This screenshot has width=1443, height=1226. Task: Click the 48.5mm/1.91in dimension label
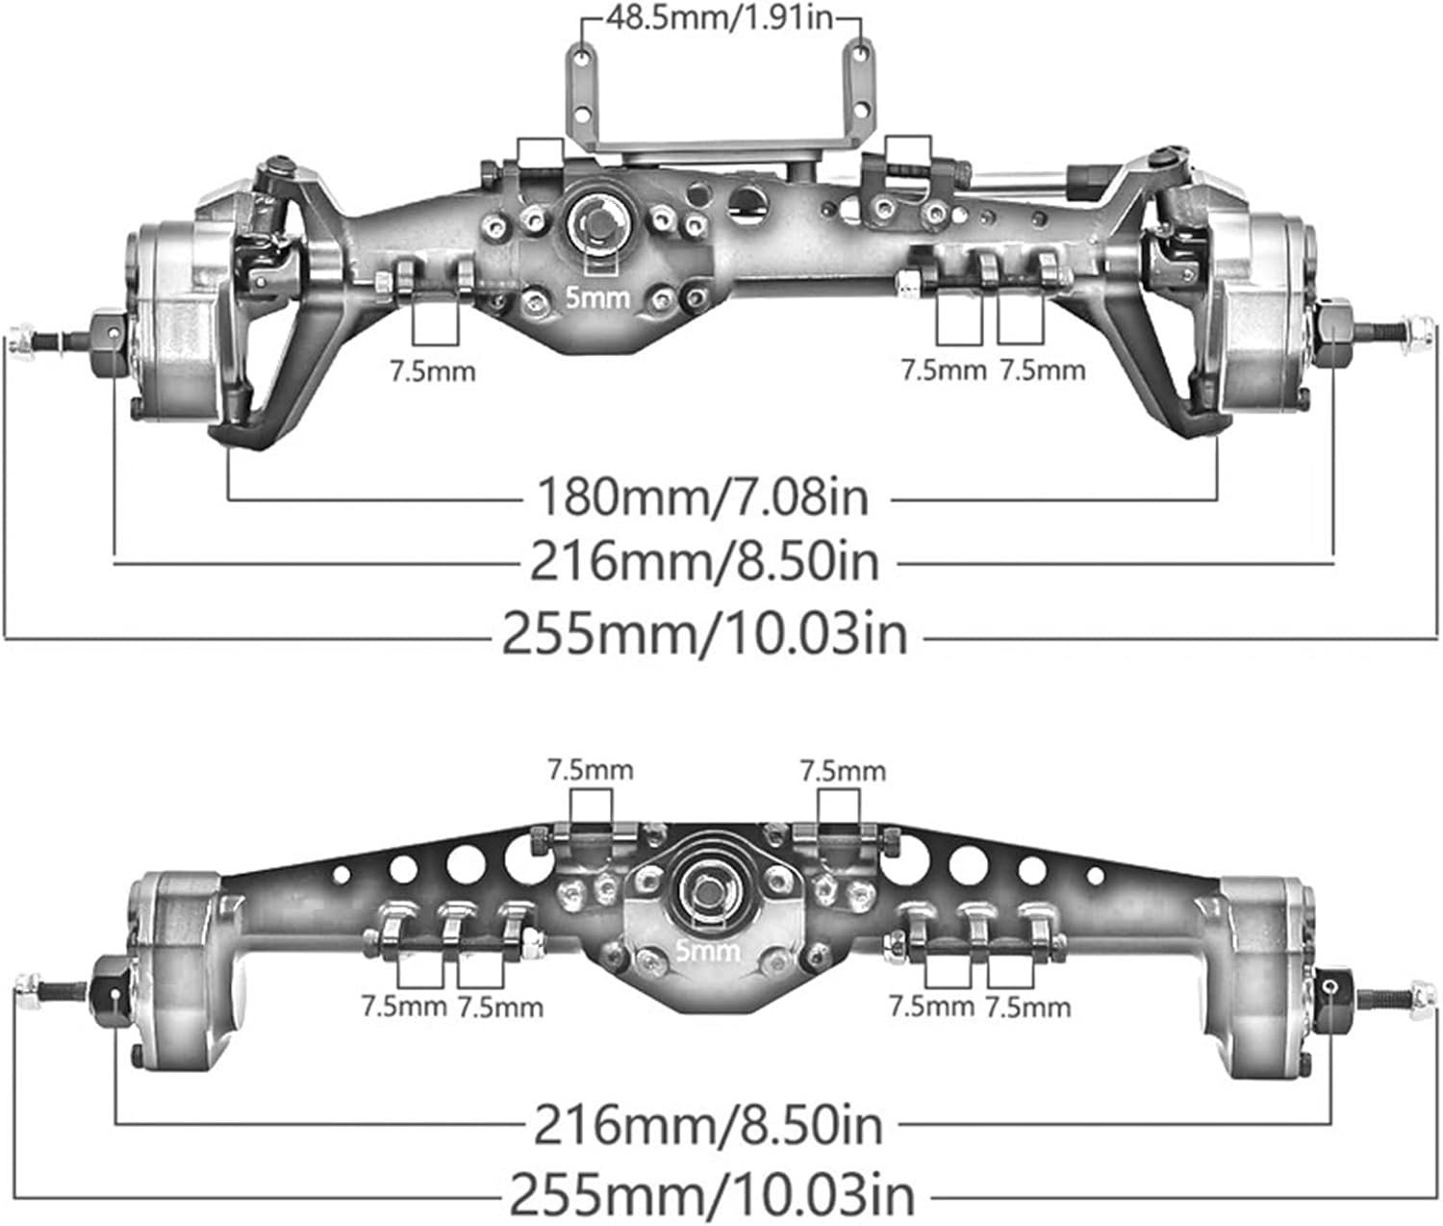click(x=720, y=18)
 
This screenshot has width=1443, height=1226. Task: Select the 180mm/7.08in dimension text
click(x=702, y=498)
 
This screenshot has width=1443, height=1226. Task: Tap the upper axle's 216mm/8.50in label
click(x=705, y=561)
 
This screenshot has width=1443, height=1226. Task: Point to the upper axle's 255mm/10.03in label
click(x=705, y=634)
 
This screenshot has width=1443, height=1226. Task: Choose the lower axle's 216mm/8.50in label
click(x=708, y=1124)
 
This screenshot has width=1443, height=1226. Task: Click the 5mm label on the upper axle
click(x=598, y=297)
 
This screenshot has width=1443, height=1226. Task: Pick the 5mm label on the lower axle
click(x=708, y=952)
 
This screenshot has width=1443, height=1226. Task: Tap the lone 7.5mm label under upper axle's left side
click(x=433, y=370)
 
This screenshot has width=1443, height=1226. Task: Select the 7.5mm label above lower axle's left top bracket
click(x=591, y=770)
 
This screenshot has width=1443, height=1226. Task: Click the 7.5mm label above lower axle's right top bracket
click(x=843, y=770)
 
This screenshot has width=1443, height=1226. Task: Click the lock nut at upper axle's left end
click(x=22, y=340)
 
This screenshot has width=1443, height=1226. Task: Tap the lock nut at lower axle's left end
click(x=27, y=987)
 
